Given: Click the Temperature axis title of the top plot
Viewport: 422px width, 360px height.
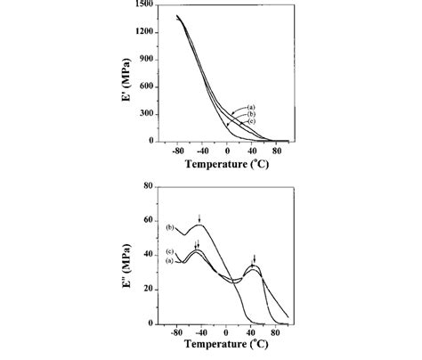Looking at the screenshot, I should point(231,163).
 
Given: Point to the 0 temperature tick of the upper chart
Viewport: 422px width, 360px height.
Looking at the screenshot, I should point(228,150).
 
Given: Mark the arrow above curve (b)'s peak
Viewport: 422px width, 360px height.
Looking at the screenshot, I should point(200,217).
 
